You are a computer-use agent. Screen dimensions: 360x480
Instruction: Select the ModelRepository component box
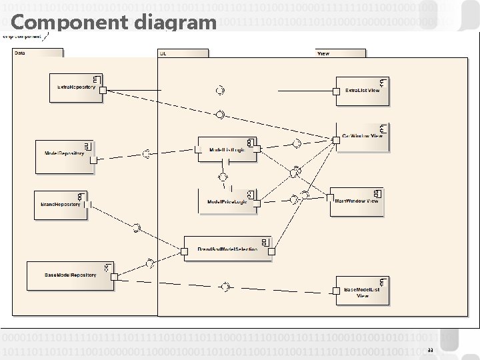(x=65, y=155)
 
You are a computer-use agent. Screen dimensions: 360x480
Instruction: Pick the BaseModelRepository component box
(x=70, y=275)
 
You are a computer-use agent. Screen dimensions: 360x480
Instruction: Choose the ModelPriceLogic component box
(x=227, y=201)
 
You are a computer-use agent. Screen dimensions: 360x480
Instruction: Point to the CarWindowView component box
(x=361, y=137)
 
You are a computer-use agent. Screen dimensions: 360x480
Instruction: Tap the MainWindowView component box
(x=357, y=201)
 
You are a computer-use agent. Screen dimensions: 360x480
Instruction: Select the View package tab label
(x=323, y=53)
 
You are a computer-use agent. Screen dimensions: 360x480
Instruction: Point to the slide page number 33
(x=430, y=350)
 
